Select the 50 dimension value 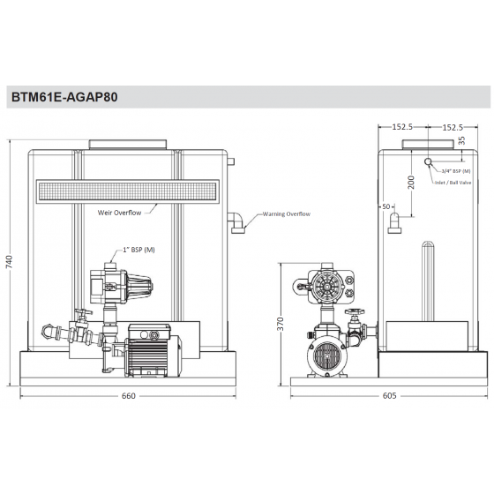pyautogui.click(x=385, y=206)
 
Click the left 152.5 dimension pyautogui.click(x=403, y=127)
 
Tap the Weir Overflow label pyautogui.click(x=121, y=213)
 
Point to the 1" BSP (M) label pyautogui.click(x=137, y=249)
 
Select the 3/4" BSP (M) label pyautogui.click(x=455, y=169)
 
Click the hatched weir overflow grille pyautogui.click(x=129, y=189)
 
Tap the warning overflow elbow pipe pyautogui.click(x=237, y=223)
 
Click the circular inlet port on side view pyautogui.click(x=428, y=162)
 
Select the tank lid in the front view pyautogui.click(x=129, y=143)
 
